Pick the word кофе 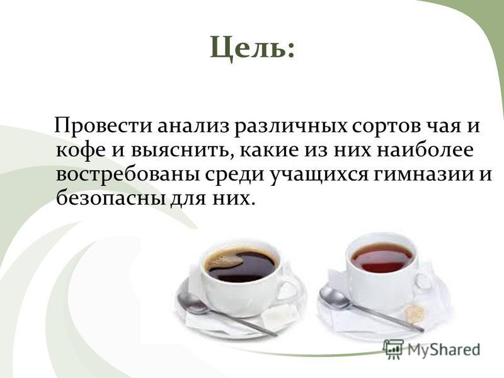pos(81,150)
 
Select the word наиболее pos(425,150)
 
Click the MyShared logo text pos(444,350)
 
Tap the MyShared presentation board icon pos(393,349)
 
